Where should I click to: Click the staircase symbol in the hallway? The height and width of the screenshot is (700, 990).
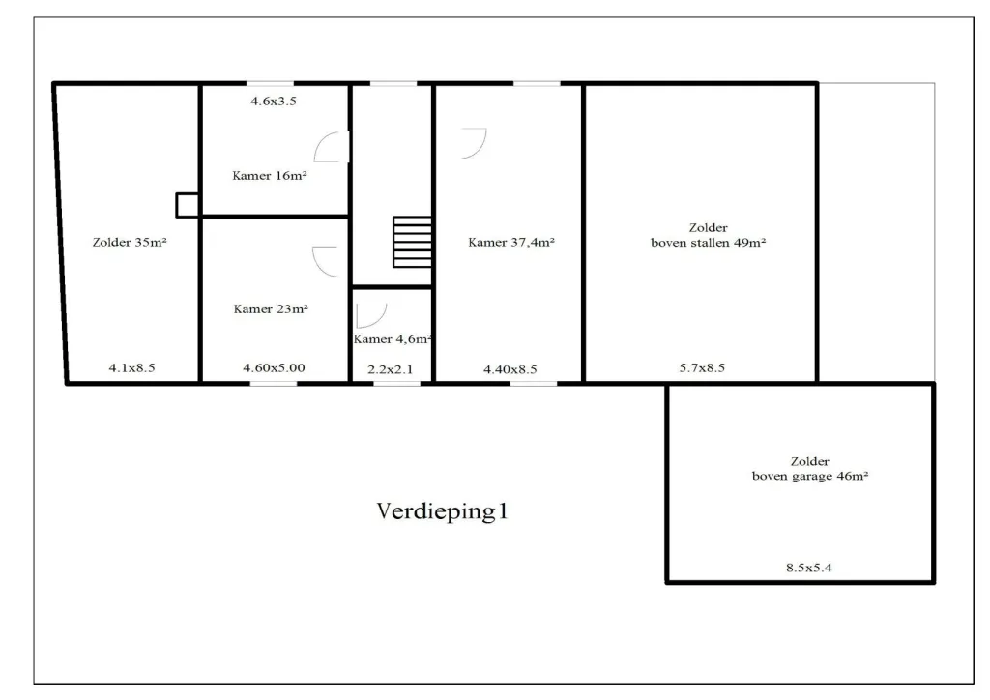(x=412, y=242)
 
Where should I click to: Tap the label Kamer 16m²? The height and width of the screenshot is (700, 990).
(x=270, y=175)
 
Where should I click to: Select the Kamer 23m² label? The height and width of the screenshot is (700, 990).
(x=271, y=308)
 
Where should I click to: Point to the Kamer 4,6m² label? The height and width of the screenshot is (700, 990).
(x=393, y=339)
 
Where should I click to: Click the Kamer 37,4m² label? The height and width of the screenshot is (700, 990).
(x=511, y=242)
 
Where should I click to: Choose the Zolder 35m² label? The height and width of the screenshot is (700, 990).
(x=130, y=242)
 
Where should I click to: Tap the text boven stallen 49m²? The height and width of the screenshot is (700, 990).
(x=709, y=243)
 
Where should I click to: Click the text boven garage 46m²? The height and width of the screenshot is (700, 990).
(x=810, y=476)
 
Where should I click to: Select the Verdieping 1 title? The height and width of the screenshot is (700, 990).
(x=442, y=511)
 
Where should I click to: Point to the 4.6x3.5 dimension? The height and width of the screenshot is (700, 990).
(x=274, y=101)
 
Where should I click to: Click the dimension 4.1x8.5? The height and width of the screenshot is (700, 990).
(x=131, y=367)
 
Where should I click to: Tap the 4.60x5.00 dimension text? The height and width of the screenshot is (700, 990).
(x=274, y=367)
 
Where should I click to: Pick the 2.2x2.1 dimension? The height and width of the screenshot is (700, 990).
(x=391, y=369)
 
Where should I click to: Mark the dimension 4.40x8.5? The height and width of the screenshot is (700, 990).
(x=510, y=369)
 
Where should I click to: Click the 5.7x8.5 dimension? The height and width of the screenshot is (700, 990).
(x=702, y=367)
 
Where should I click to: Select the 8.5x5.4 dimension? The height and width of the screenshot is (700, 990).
(x=809, y=568)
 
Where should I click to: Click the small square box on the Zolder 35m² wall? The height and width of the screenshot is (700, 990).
(x=187, y=205)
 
